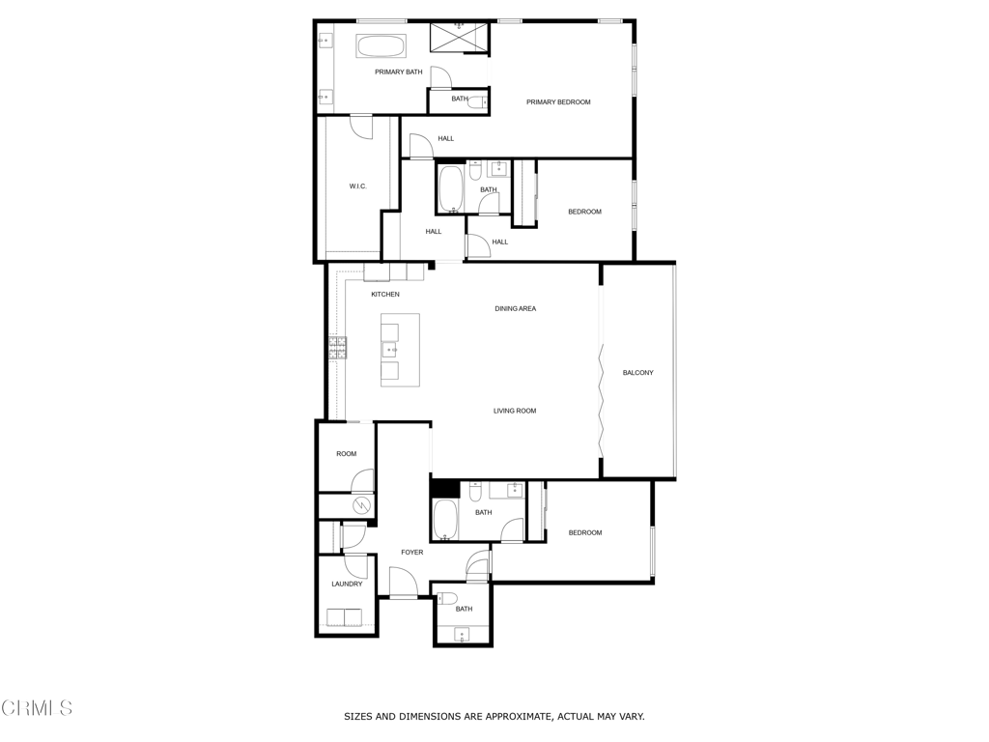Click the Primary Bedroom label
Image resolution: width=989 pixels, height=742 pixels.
(x=558, y=102)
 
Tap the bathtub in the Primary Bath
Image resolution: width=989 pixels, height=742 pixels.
(x=381, y=46)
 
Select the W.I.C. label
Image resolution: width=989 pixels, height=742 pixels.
(x=357, y=186)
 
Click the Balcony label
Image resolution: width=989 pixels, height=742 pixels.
(x=637, y=373)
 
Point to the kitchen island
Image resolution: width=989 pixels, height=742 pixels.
(x=400, y=350)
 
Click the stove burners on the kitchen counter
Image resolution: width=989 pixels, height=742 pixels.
(x=337, y=349)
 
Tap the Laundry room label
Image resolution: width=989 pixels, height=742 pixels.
(x=347, y=585)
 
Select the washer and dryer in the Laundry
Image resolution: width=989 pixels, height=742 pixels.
(x=345, y=617)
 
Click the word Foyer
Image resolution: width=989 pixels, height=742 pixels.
(x=411, y=552)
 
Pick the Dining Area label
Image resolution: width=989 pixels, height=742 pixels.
(x=516, y=308)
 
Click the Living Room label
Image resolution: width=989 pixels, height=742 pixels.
(x=515, y=411)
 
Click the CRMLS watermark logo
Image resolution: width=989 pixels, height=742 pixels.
(x=37, y=708)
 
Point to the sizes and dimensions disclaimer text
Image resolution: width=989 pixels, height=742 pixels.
(x=494, y=717)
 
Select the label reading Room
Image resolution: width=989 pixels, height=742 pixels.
(x=347, y=454)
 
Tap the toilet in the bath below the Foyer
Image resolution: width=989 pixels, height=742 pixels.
(x=448, y=598)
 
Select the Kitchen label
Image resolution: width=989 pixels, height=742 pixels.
(x=384, y=295)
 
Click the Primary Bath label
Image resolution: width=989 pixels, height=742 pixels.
(x=399, y=71)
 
